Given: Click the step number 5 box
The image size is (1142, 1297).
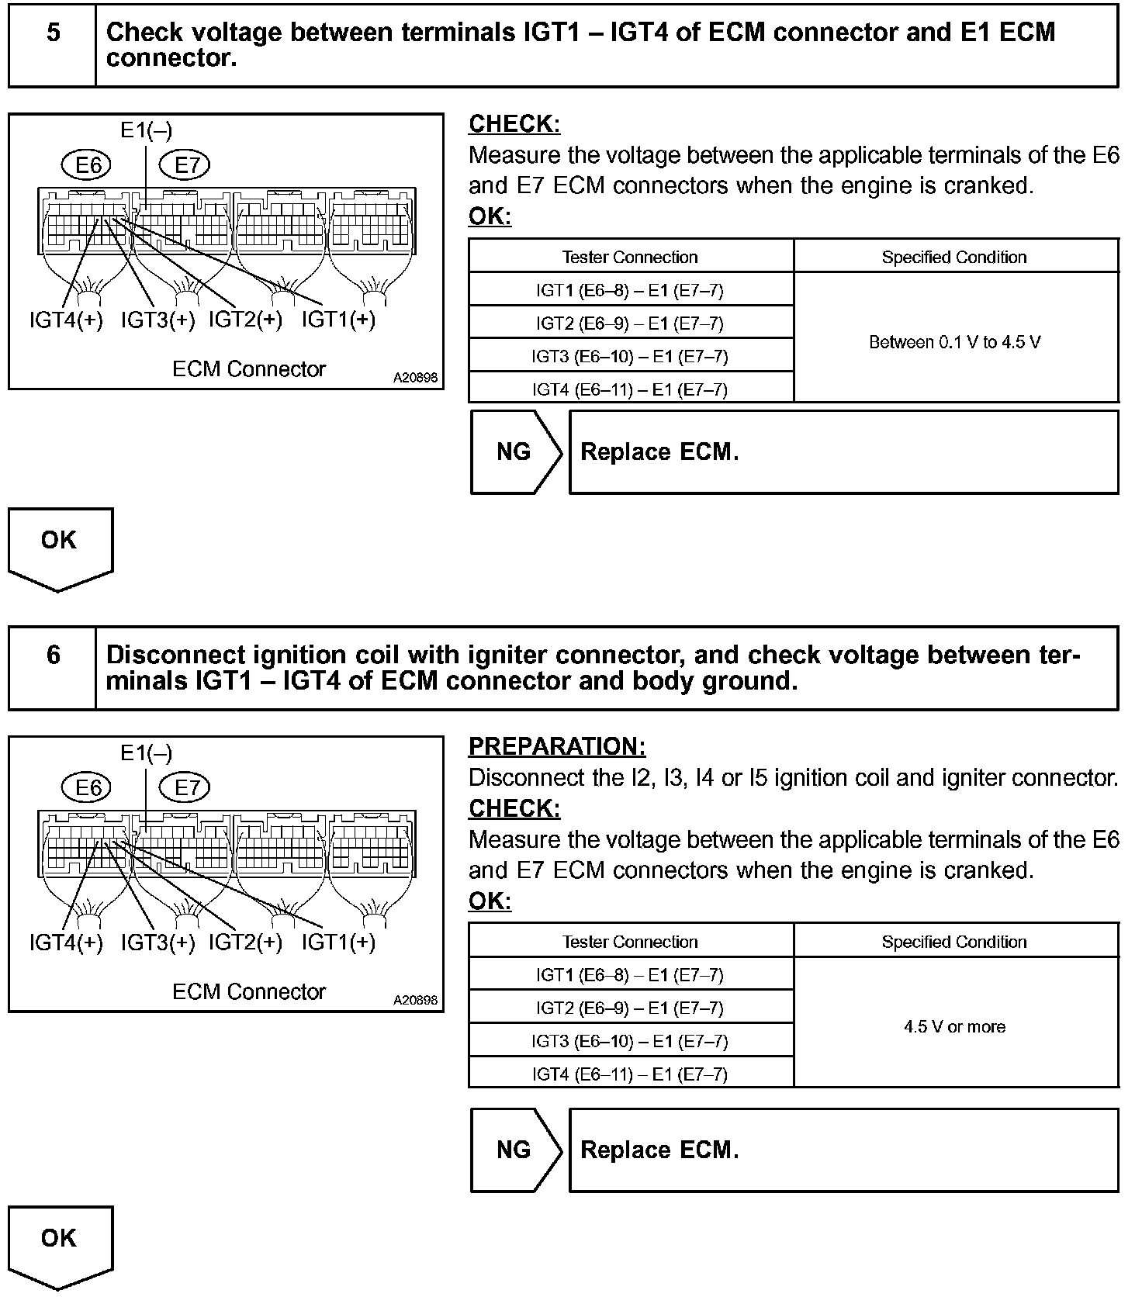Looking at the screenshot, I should [53, 45].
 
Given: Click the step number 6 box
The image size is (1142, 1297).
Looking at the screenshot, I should [53, 668].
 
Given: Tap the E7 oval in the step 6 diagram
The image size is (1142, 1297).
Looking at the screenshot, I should [185, 787].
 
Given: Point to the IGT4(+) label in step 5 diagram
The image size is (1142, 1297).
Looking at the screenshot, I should [66, 320].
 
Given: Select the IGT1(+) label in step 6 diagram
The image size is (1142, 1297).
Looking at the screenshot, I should [338, 942].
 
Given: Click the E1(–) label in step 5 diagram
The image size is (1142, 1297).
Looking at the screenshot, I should [146, 130].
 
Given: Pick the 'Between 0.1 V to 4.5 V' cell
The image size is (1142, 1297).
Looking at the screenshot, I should [955, 342].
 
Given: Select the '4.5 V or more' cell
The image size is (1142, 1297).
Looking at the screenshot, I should [955, 1027].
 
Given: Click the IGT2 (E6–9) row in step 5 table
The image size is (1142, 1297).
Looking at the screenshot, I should [630, 323].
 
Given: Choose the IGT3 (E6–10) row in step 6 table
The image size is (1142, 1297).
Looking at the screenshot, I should [630, 1041].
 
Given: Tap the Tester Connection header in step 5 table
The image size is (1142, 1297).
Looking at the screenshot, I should [630, 257].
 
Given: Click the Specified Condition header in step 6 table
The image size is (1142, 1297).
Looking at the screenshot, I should [955, 942].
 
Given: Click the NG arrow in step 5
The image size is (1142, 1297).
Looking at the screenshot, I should [515, 452].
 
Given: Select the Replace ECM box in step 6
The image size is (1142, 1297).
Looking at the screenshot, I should [843, 1150].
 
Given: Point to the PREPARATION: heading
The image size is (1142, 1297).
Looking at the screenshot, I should [557, 746].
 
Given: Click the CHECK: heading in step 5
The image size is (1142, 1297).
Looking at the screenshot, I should [514, 124].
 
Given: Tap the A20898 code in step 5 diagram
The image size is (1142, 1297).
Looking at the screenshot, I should [415, 378].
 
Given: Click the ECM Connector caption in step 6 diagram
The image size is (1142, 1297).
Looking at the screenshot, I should [249, 992].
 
